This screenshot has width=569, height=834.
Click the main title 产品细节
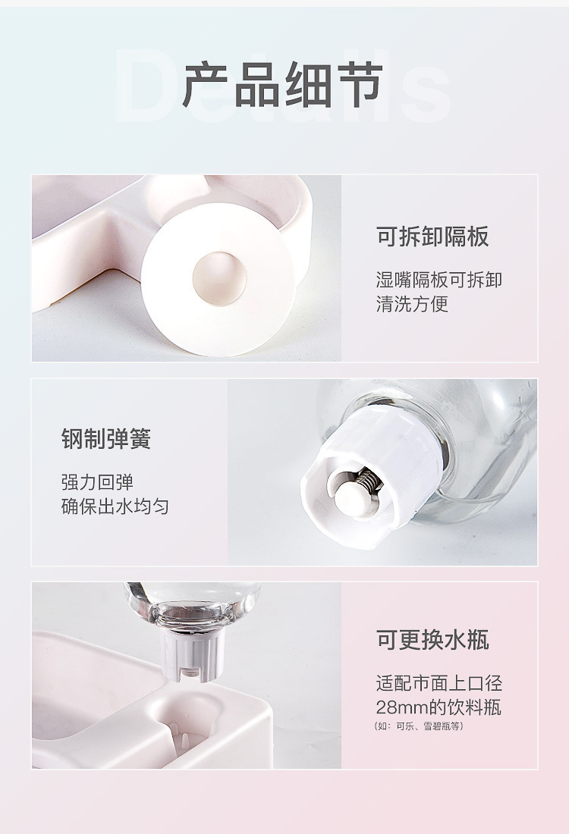(282, 86)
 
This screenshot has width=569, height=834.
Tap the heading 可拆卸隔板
(433, 237)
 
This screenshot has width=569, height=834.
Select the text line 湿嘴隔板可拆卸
(439, 280)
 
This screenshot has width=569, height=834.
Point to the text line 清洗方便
(412, 304)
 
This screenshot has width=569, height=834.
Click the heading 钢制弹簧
(106, 439)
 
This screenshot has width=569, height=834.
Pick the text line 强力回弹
(97, 482)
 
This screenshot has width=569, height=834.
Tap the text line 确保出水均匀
(115, 506)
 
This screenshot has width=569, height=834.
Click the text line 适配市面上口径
(439, 683)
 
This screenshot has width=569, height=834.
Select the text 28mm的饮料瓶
(439, 708)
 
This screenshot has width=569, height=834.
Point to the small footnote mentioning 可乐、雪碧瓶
(419, 726)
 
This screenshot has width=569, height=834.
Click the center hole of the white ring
(218, 274)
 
